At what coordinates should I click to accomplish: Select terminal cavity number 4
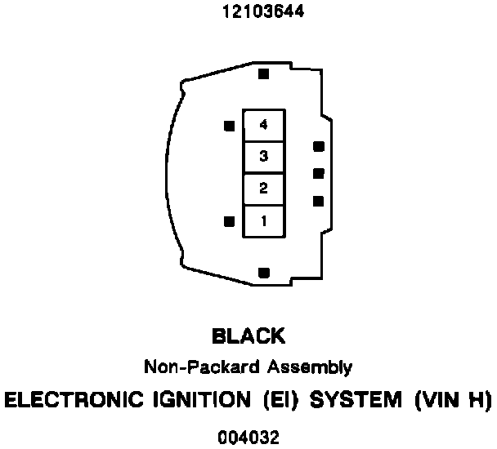pos(263,125)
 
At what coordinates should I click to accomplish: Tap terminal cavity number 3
pos(263,156)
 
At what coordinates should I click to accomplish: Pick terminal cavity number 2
pos(263,189)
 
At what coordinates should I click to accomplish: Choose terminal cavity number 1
pos(263,220)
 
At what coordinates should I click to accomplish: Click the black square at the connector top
pos(263,74)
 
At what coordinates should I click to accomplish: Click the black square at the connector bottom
pos(263,273)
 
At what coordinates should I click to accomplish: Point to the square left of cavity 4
pos(229,127)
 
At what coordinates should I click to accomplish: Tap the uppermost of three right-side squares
pos(318,147)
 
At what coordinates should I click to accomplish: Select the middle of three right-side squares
pos(318,173)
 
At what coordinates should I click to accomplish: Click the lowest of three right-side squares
pos(318,201)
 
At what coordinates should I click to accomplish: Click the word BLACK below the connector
pos(248,336)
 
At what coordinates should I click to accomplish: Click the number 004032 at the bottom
pos(248,438)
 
